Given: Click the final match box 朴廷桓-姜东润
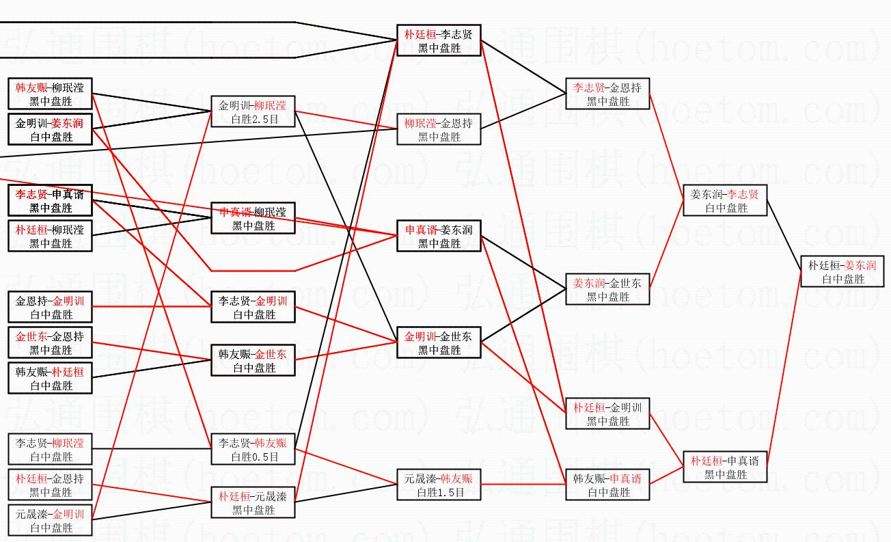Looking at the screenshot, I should [842, 271].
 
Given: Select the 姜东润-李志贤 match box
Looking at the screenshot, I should [725, 201].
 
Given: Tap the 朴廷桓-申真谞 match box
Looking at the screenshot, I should [725, 468].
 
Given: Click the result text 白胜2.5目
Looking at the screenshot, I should [253, 120].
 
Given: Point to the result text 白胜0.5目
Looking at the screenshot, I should [253, 457].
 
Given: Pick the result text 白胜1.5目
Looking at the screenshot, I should [439, 491].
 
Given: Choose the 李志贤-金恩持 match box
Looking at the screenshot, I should [607, 94].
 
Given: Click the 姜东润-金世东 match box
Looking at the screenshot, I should [607, 290].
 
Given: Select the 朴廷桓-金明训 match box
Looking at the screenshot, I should [607, 414].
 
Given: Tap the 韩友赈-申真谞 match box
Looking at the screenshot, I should [607, 485].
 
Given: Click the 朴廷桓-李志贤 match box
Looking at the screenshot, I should [439, 41].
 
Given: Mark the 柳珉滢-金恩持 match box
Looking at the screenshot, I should [439, 130].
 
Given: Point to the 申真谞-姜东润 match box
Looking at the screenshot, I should [439, 236].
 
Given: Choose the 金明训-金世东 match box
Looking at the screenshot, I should [439, 343].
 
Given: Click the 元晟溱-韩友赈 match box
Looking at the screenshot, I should [439, 485].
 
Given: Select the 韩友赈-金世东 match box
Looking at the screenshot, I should [253, 361].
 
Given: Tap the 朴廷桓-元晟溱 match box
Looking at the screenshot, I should [253, 502].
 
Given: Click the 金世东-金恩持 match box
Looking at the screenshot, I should [50, 343].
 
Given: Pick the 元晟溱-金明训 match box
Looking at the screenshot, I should [50, 521].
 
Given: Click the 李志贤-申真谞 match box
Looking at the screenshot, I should [50, 201].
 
